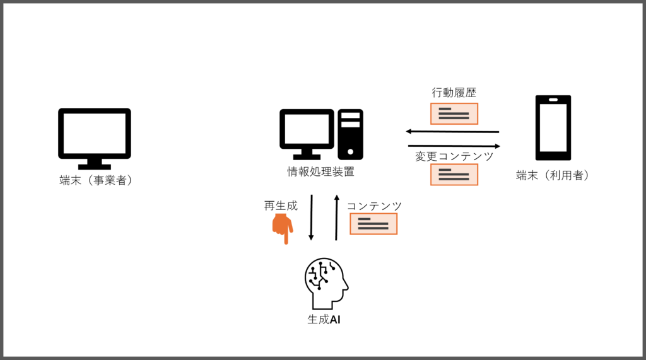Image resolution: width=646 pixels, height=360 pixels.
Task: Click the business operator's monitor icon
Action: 95,139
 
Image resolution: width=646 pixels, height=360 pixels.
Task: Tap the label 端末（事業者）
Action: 96,180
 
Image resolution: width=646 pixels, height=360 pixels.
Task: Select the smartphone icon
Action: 553,128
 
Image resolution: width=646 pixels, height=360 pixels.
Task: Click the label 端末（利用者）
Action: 553,175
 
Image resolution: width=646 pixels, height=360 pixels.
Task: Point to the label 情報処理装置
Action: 320,171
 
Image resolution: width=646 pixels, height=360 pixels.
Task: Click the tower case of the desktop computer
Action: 350,134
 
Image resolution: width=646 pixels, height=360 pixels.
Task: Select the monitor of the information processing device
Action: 307,134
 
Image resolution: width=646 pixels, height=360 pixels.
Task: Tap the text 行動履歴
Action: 454,93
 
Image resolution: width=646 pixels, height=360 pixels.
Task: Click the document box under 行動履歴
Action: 454,113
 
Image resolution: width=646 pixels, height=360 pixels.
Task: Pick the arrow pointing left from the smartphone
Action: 452,132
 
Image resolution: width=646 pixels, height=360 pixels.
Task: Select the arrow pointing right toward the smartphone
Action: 454,146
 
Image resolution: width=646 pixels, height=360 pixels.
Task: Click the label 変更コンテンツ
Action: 454,156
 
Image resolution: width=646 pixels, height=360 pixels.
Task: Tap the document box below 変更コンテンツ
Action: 454,175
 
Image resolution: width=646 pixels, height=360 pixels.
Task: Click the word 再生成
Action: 281,206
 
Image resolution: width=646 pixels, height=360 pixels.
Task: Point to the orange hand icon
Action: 283,229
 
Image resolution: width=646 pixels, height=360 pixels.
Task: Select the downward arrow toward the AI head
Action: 311,218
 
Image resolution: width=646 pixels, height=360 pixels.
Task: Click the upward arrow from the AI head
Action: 337,218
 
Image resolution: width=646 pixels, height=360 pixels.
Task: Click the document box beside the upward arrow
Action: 373,224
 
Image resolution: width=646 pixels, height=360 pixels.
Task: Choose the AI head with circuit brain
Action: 326,283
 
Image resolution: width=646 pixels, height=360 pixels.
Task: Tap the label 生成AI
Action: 324,319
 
